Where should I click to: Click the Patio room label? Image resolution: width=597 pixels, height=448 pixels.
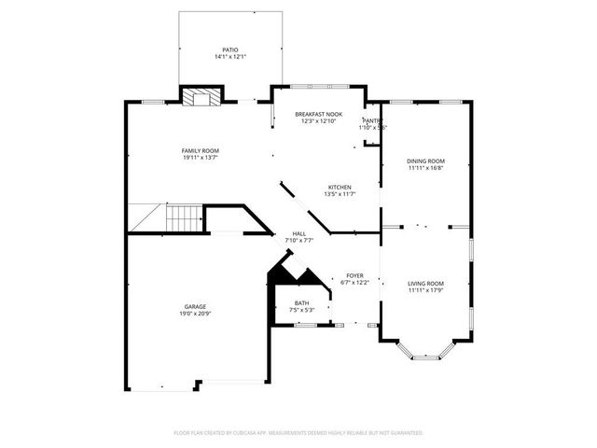point(229,49)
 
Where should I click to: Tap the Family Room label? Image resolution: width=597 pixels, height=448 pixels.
point(200,150)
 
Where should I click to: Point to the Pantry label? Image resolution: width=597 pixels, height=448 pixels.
point(371,120)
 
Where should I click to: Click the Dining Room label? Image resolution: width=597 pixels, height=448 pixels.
point(425,161)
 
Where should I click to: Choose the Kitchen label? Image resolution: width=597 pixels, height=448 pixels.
point(339,187)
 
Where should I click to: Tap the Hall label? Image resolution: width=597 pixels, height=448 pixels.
point(299,233)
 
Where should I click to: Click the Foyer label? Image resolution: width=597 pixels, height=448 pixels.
point(354,275)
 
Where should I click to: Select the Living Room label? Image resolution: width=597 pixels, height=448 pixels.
point(425,283)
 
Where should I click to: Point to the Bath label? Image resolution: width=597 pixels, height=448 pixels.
point(302,302)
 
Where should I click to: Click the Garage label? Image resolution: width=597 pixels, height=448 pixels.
point(195,307)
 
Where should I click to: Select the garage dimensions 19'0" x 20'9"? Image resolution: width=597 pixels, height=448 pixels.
point(195,315)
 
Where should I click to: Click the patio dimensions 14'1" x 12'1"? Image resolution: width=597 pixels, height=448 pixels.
point(229,56)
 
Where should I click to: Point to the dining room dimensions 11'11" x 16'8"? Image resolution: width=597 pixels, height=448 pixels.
point(425,168)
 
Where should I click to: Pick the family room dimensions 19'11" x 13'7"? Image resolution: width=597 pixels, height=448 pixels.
point(200,158)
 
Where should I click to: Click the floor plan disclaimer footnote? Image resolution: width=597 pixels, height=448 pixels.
point(298,433)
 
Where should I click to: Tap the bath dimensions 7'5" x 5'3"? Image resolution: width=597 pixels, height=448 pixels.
point(302,310)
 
